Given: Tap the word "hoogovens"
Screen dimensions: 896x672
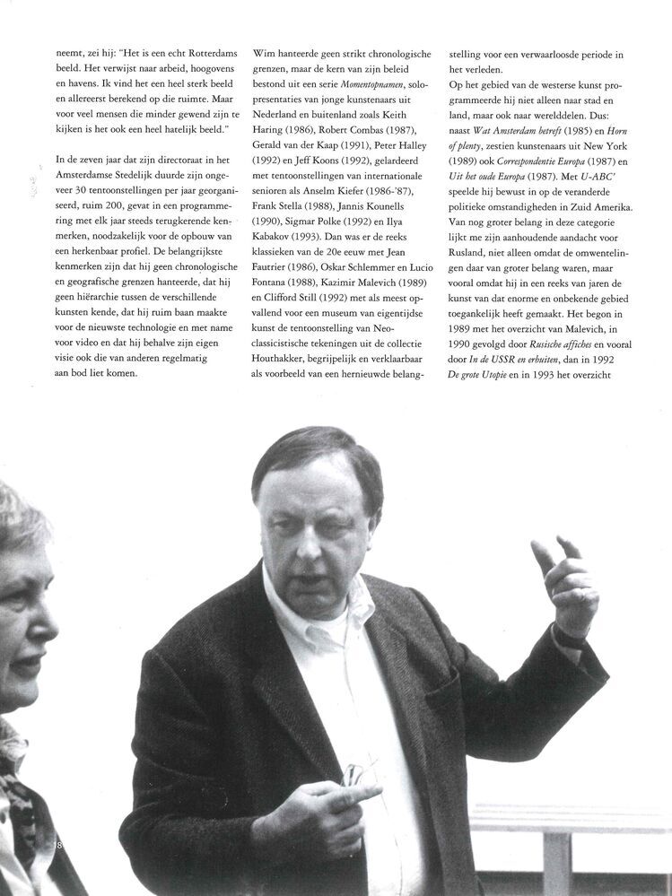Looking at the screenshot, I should tap(200, 70).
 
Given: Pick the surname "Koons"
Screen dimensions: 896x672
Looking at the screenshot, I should tap(337, 161).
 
